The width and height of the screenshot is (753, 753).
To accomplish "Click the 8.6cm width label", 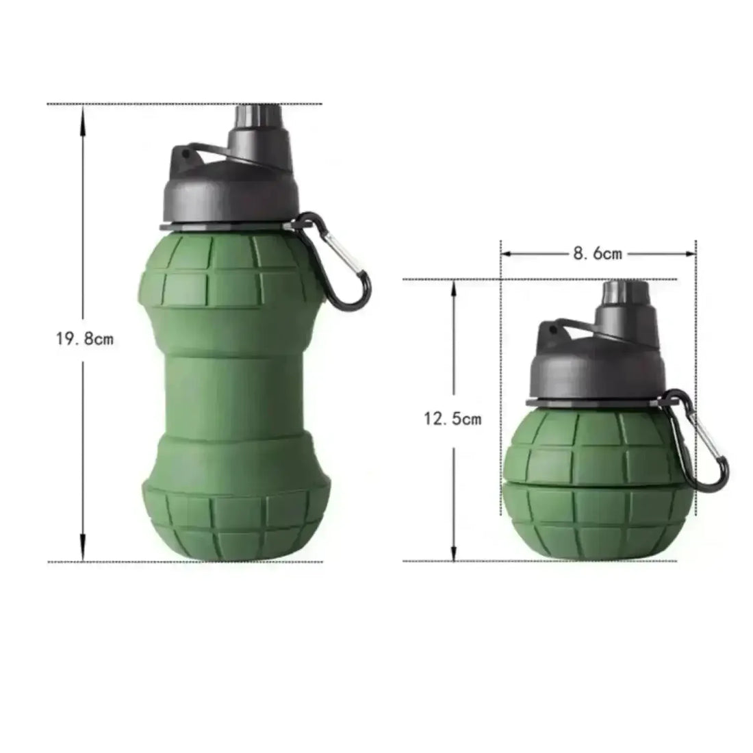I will coord(598,254).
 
